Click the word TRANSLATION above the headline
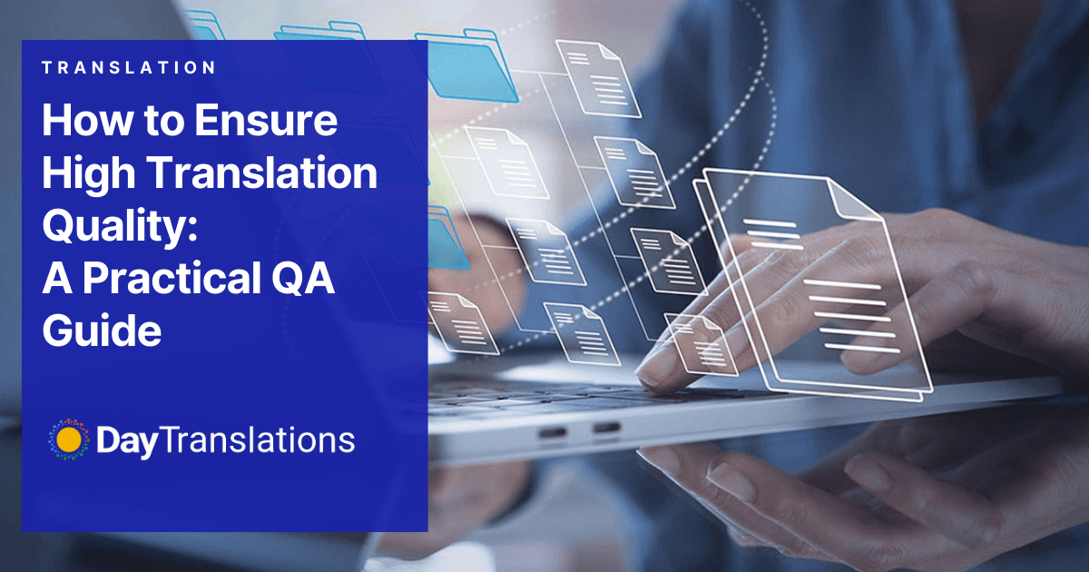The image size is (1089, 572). [129, 67]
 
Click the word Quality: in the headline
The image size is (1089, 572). [119, 225]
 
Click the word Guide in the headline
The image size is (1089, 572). [102, 330]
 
